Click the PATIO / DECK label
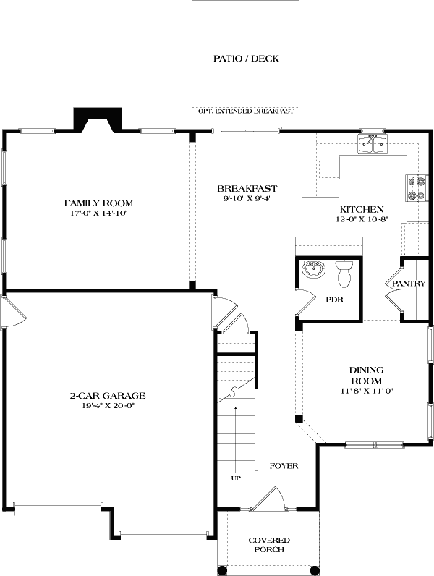(x=246, y=59)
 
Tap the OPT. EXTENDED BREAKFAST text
(x=246, y=111)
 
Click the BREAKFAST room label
(x=247, y=188)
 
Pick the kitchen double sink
(x=374, y=145)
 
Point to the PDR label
(x=333, y=298)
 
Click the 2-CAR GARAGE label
(x=108, y=396)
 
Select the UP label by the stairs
(x=236, y=478)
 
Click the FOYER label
(x=284, y=466)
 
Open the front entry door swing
(x=271, y=499)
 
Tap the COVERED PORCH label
(x=269, y=545)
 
